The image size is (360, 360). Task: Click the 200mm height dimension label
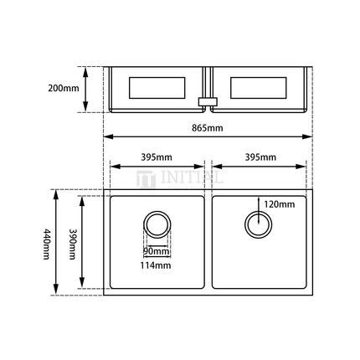pos(64,87)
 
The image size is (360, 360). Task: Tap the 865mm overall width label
pos(207,128)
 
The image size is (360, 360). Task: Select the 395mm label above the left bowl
pos(157,157)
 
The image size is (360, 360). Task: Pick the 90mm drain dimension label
pos(156,251)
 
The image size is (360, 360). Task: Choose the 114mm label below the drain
pos(157,265)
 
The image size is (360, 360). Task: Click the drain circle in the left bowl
pos(157,224)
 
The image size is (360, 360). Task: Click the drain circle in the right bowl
pos(258,224)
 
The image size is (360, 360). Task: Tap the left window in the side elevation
pos(157,87)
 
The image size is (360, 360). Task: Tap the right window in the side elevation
pos(259,87)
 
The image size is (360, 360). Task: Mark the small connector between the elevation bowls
pos(206,102)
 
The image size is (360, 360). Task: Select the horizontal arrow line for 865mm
pos(207,137)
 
